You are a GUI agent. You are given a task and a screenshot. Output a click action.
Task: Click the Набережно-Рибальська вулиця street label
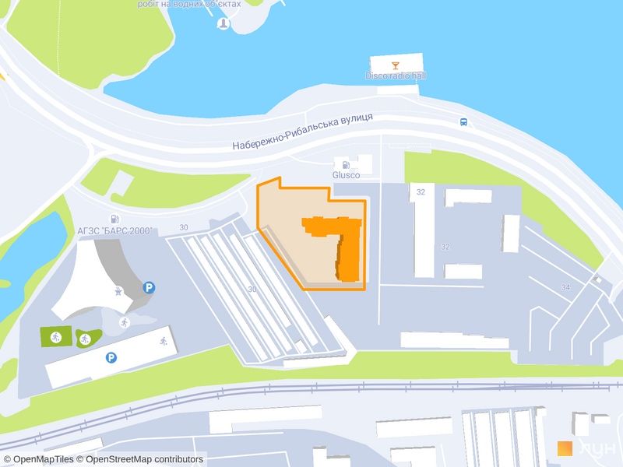303,132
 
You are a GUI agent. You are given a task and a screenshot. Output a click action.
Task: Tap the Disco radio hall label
396,76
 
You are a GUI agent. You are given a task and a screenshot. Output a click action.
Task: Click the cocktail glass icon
396,65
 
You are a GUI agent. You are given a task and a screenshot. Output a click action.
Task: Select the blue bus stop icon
463,122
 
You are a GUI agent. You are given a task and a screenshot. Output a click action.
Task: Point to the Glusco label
346,175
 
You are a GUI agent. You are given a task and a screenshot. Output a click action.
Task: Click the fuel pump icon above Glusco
343,164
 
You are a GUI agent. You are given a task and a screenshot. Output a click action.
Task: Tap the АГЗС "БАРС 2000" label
114,231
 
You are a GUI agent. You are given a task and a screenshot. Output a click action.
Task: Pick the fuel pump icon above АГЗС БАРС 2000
114,219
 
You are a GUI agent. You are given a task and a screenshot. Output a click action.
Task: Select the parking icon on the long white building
111,358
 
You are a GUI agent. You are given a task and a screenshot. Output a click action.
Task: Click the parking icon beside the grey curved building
148,287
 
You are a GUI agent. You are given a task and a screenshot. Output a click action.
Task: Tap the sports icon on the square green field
55,337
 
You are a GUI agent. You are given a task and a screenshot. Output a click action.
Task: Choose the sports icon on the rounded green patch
83,338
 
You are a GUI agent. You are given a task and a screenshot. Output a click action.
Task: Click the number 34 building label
565,287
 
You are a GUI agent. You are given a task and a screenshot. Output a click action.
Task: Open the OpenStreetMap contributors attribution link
144,459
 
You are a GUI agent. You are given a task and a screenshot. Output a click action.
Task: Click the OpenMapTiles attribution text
43,459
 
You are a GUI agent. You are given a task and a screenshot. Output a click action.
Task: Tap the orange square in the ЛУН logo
565,448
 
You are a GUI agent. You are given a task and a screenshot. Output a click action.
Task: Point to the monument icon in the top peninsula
224,23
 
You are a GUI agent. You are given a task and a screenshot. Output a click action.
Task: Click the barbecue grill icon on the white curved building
118,293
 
